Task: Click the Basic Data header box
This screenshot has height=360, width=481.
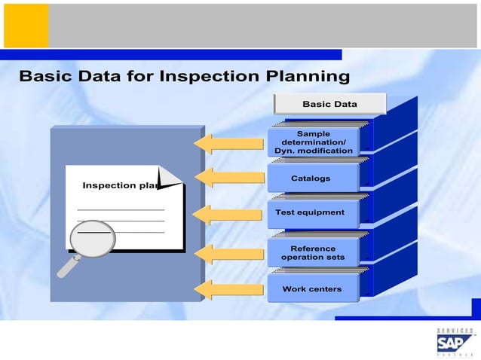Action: click(329, 104)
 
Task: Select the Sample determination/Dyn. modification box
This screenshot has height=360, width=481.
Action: click(313, 142)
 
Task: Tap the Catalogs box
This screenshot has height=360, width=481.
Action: click(311, 178)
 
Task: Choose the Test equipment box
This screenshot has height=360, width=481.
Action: click(310, 213)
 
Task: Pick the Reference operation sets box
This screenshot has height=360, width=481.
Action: click(313, 252)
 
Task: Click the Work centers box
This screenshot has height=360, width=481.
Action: click(311, 289)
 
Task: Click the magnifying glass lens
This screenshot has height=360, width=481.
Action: click(93, 239)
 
